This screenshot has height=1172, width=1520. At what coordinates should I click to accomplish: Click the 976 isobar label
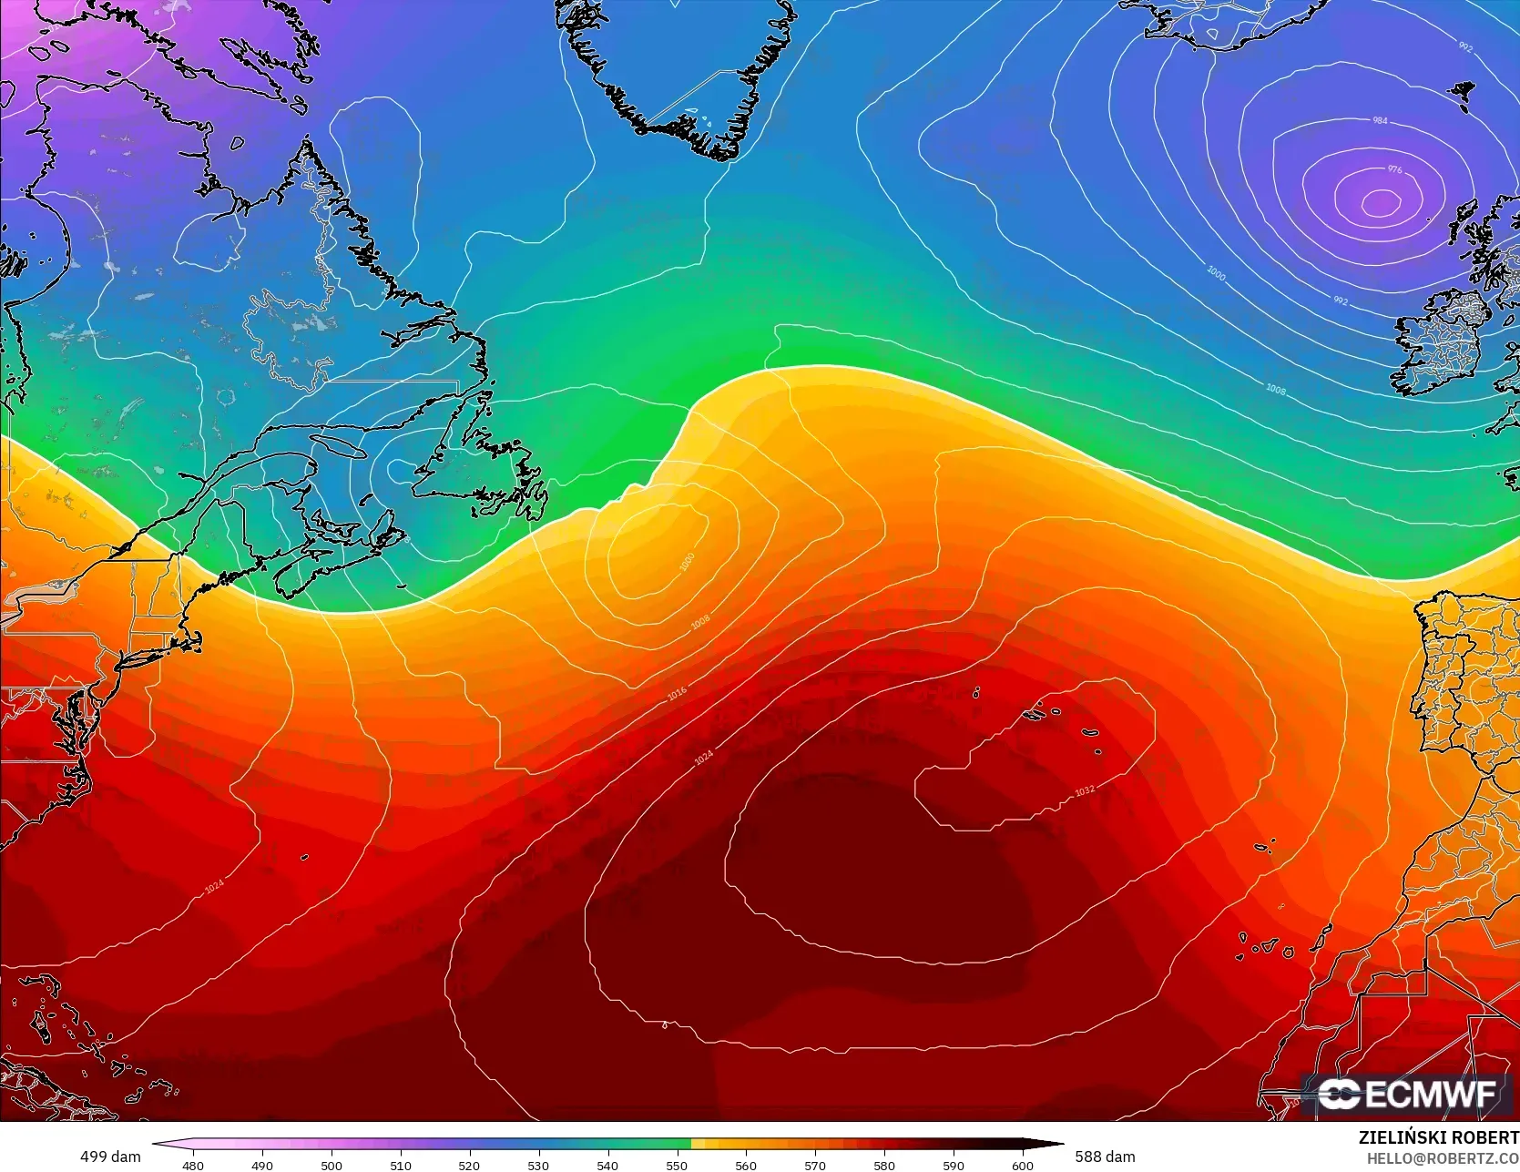(1394, 169)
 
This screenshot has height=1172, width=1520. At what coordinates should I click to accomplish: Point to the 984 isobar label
(1380, 120)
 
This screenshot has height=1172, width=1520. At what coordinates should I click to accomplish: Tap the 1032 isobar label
(1084, 790)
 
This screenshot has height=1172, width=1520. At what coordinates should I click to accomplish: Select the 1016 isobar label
(677, 694)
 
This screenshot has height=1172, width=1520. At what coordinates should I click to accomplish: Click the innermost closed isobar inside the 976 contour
(1381, 202)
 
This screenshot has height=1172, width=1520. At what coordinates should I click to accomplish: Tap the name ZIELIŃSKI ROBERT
(1438, 1138)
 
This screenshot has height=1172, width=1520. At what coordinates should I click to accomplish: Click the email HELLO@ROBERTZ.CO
(1443, 1157)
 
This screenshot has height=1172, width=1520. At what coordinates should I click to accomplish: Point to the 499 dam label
(110, 1157)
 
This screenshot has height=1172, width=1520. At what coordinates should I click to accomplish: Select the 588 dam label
(1105, 1157)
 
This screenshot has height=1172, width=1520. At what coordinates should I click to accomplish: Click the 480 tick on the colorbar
(193, 1166)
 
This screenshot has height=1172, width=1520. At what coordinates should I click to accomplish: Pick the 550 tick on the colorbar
(677, 1166)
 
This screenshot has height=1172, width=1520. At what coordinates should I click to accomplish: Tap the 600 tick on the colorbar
(1023, 1166)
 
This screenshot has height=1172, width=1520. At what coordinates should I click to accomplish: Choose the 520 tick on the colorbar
(469, 1166)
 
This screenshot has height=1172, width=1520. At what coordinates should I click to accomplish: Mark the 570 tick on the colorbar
(815, 1166)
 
